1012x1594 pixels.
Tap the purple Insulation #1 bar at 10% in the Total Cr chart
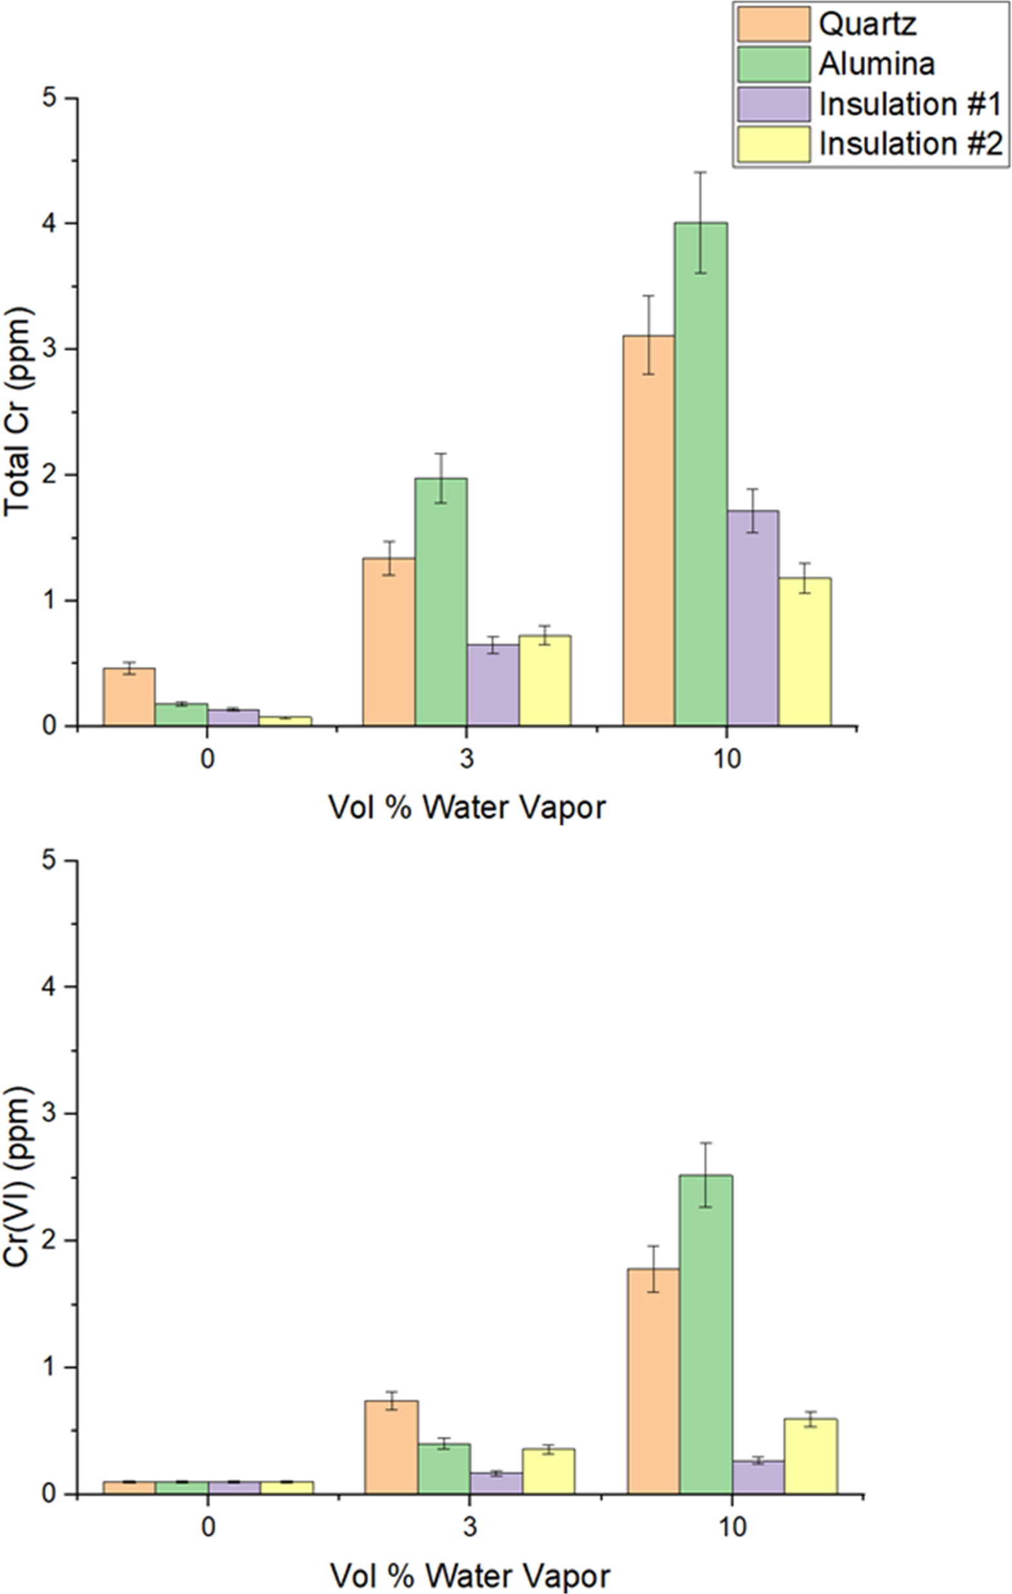(x=753, y=622)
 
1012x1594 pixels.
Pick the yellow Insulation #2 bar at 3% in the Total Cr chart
(x=545, y=682)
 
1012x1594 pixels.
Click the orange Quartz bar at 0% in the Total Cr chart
(x=129, y=698)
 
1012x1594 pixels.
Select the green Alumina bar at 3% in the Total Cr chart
(x=441, y=602)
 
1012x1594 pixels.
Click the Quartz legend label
(x=867, y=25)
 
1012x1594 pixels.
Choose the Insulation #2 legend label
(x=911, y=144)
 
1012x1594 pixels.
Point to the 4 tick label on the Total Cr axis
(x=50, y=224)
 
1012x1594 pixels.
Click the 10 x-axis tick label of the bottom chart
(x=731, y=1526)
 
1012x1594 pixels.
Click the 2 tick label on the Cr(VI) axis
(x=50, y=1242)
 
